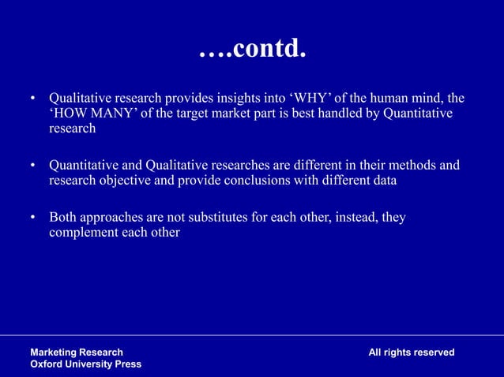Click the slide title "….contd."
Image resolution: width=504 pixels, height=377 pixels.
(x=251, y=50)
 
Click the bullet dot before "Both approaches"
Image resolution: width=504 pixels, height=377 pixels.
(x=33, y=218)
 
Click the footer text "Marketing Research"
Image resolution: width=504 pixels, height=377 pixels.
(x=77, y=352)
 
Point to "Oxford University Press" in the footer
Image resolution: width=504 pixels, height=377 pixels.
(x=86, y=364)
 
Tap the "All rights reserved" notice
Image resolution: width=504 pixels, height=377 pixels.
(x=412, y=352)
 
